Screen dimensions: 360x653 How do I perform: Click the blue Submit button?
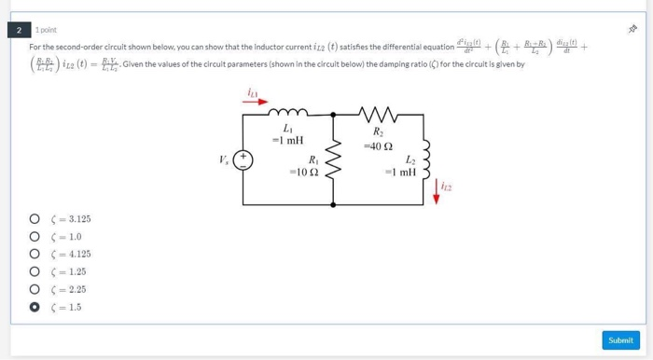620,340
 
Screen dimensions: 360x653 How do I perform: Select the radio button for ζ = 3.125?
33,219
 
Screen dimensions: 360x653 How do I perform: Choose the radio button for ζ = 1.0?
33,237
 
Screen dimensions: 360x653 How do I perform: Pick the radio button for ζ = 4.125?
33,254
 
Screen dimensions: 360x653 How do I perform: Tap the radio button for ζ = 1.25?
33,271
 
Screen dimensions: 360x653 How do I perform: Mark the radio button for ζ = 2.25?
33,289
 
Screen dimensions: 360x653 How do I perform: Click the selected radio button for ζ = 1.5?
33,306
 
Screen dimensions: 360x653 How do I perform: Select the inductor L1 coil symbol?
287,116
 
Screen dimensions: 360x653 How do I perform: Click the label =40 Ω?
378,146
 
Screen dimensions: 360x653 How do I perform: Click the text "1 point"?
46,30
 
